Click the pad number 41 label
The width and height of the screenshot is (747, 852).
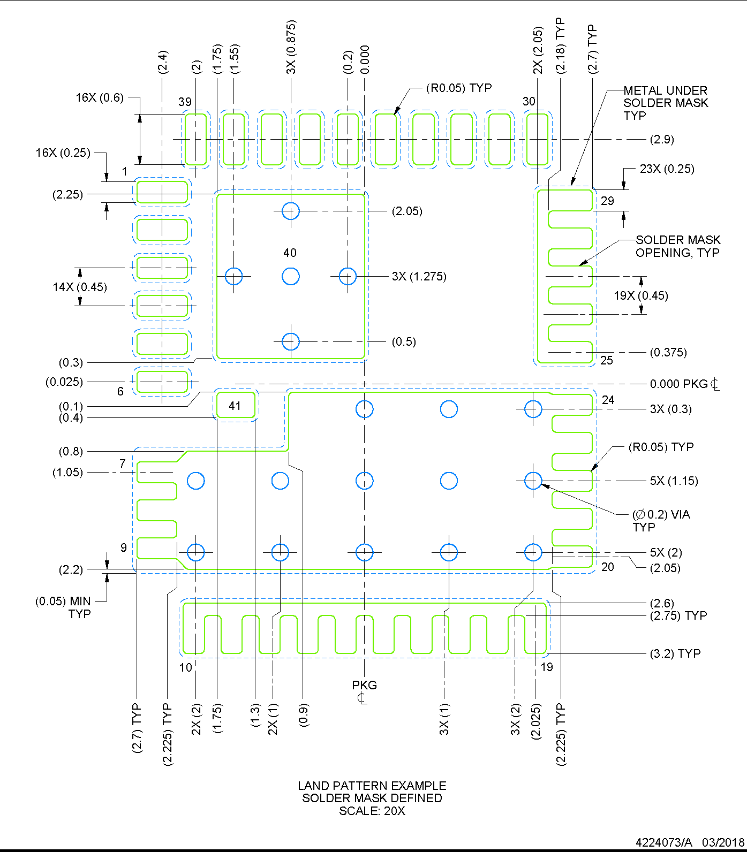(235, 406)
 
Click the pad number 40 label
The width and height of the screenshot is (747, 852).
(290, 253)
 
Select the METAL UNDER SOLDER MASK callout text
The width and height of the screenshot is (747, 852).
(665, 103)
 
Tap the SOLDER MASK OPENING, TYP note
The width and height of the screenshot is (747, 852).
(677, 246)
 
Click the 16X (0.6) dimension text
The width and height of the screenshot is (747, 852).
(100, 97)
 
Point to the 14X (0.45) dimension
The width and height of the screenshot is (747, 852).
(80, 287)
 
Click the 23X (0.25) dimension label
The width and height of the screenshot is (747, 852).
(667, 169)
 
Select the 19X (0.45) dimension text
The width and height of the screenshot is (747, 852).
(640, 295)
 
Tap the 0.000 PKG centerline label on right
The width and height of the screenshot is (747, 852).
(684, 384)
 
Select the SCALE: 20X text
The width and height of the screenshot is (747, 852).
(372, 811)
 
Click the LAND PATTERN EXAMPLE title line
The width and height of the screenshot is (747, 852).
(372, 786)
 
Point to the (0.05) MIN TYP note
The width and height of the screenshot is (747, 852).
(63, 607)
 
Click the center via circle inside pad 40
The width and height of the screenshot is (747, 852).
(290, 276)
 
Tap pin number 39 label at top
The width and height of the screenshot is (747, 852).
(185, 102)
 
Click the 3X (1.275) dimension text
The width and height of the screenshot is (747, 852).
(419, 276)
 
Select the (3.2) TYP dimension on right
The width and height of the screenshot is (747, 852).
(675, 653)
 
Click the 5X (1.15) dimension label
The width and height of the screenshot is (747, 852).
(674, 481)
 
